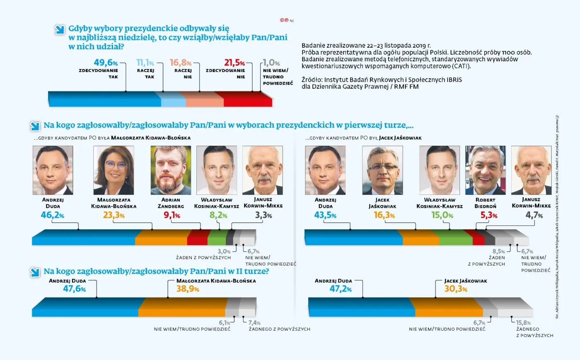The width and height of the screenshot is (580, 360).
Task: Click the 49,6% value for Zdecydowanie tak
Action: [106, 63]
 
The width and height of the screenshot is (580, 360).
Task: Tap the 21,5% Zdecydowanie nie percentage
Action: [234, 63]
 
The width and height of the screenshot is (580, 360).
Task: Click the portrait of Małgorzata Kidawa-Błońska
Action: [114, 170]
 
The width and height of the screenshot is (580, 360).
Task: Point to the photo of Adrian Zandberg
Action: [171, 170]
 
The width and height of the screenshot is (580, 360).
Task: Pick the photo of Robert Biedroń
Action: [485, 170]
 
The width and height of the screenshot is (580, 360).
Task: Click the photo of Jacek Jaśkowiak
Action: [382, 170]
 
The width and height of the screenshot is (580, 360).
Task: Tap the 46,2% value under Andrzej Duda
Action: [52, 215]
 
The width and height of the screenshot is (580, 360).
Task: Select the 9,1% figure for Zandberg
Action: [172, 215]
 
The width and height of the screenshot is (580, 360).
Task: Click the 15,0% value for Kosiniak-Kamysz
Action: [442, 215]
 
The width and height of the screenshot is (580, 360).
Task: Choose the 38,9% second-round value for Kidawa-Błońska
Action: [188, 289]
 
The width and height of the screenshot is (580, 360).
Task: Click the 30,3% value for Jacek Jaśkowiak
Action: [456, 289]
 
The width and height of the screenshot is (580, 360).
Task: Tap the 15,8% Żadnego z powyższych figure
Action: [523, 323]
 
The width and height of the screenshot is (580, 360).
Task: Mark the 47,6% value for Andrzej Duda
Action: [74, 289]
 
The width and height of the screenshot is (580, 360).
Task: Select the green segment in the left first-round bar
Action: [217, 237]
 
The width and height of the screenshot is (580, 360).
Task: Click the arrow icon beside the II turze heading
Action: [35, 272]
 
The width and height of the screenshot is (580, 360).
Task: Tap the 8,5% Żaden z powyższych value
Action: [498, 251]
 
